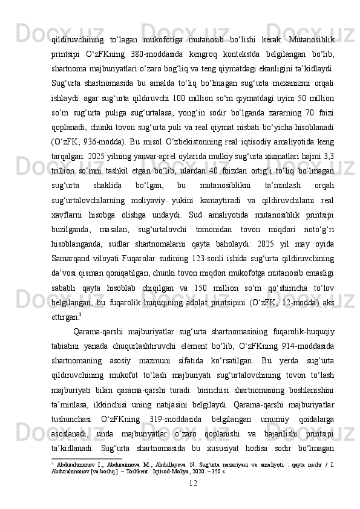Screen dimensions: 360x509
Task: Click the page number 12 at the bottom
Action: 193,499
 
